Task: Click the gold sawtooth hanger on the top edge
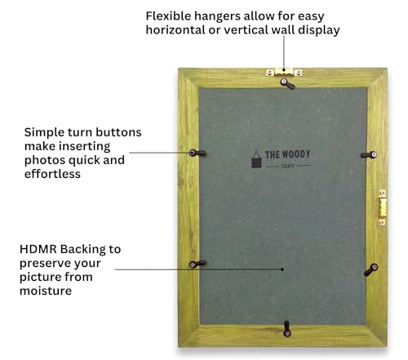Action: (x=284, y=72)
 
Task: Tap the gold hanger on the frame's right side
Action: (x=383, y=208)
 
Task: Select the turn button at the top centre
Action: (x=287, y=84)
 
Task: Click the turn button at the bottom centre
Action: (x=286, y=329)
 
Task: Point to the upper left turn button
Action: (x=197, y=153)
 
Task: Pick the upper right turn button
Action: (x=369, y=155)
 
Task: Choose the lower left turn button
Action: (x=197, y=264)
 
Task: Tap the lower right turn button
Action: (x=371, y=269)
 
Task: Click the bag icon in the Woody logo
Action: (x=256, y=159)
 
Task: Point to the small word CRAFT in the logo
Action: (x=288, y=166)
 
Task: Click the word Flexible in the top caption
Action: (x=168, y=16)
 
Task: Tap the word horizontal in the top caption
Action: (x=175, y=30)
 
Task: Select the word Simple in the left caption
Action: (x=45, y=133)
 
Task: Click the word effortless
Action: (x=52, y=174)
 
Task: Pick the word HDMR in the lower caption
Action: (x=38, y=249)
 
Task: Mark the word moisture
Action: (x=46, y=291)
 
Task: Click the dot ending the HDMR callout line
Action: (x=282, y=269)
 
